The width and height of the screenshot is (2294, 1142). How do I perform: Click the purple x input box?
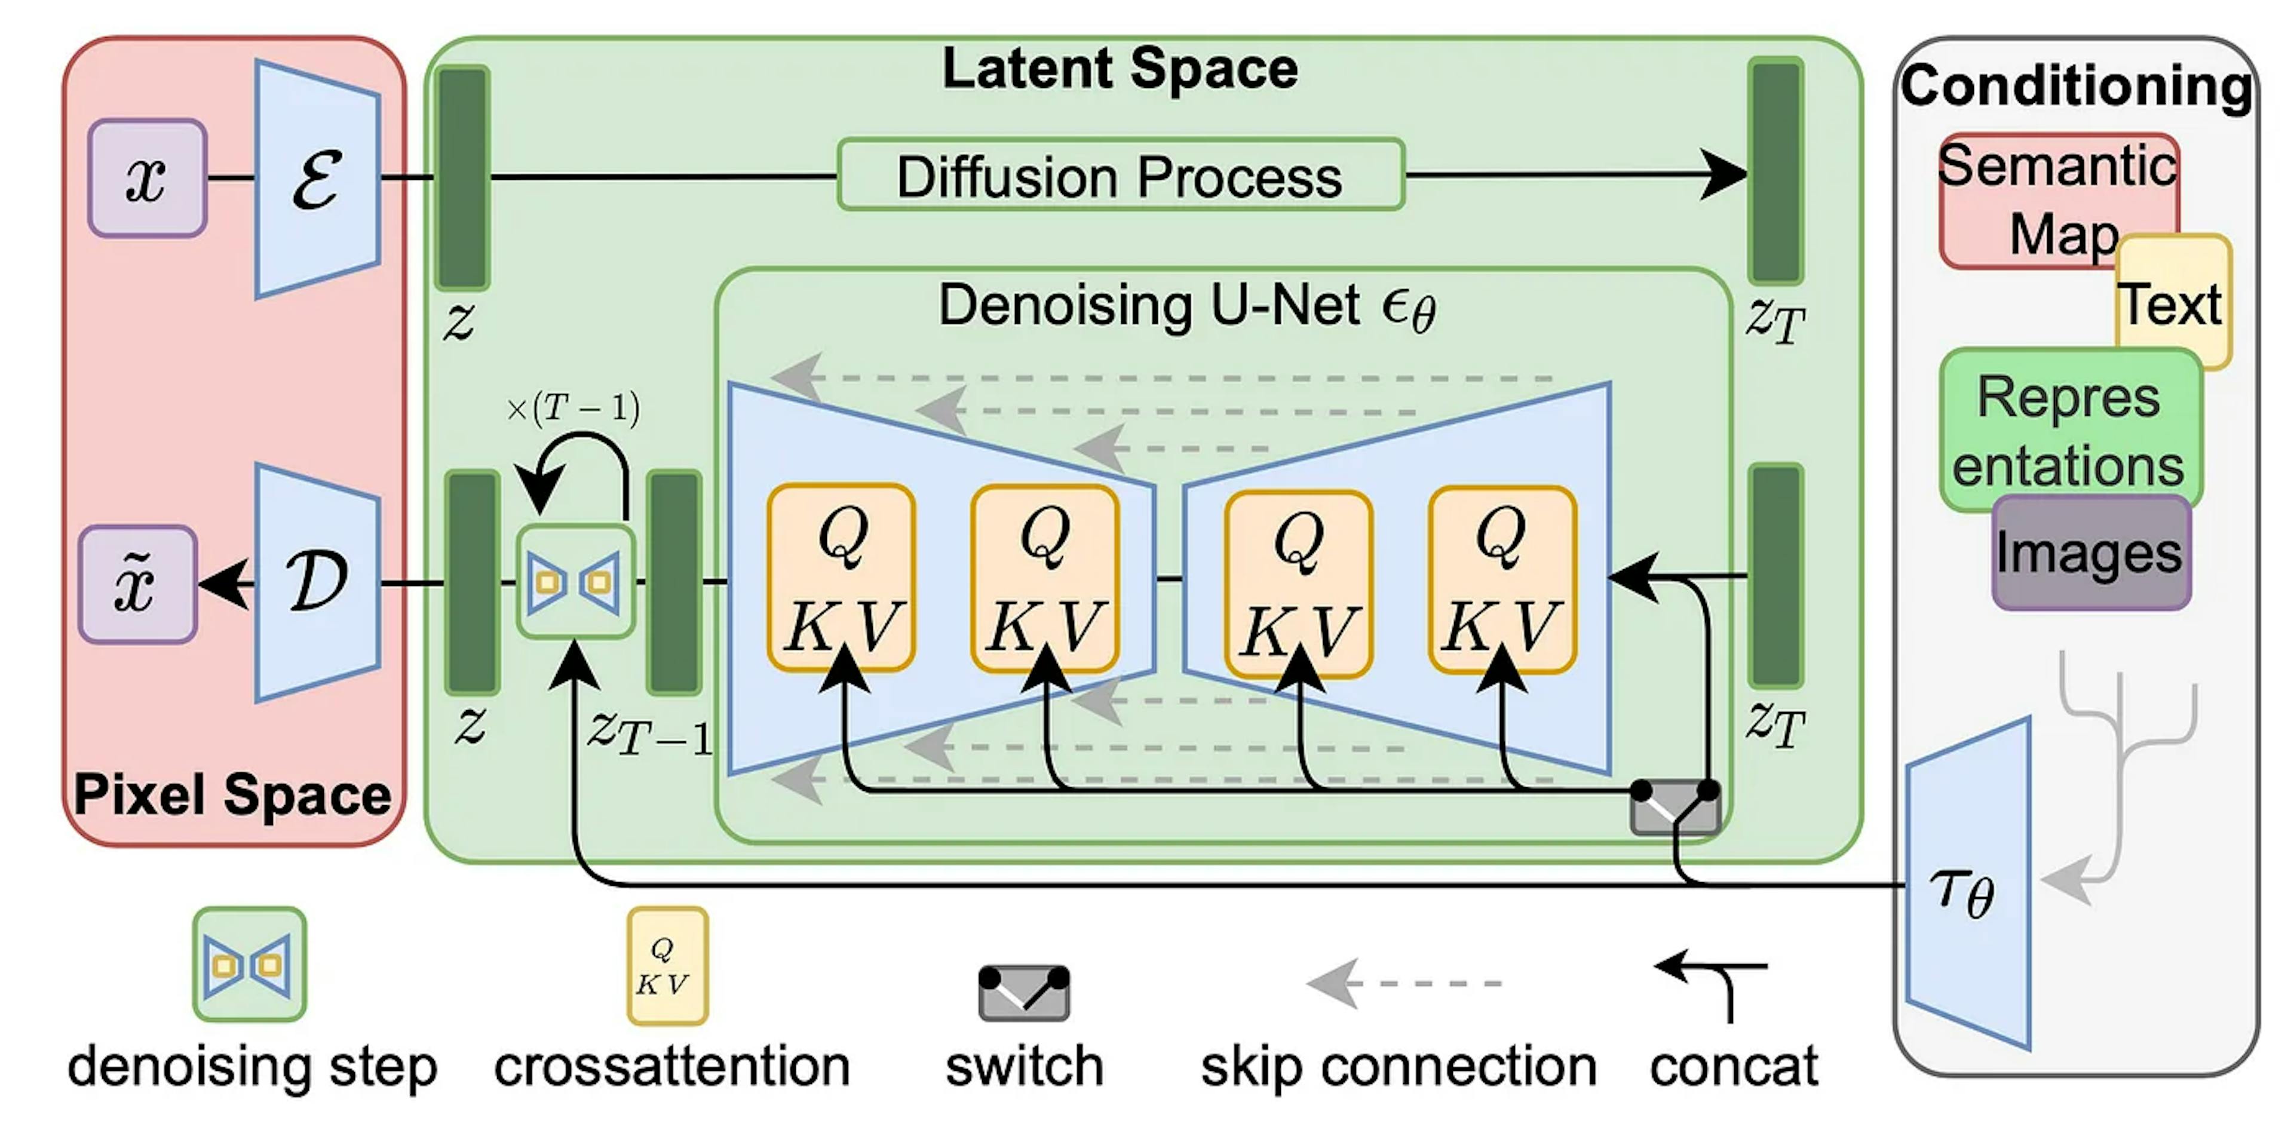147,178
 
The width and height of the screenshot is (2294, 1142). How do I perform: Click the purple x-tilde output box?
137,584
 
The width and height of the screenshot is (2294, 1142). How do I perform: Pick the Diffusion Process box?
1120,176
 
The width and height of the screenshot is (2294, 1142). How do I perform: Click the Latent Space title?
1120,69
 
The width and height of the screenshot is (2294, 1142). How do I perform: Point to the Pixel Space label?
232,794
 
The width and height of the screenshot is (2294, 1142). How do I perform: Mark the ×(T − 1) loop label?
573,408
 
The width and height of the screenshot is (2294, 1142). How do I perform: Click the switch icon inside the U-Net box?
1674,806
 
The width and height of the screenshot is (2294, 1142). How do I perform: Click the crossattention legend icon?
667,966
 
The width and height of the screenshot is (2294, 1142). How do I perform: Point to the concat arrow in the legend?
1715,984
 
